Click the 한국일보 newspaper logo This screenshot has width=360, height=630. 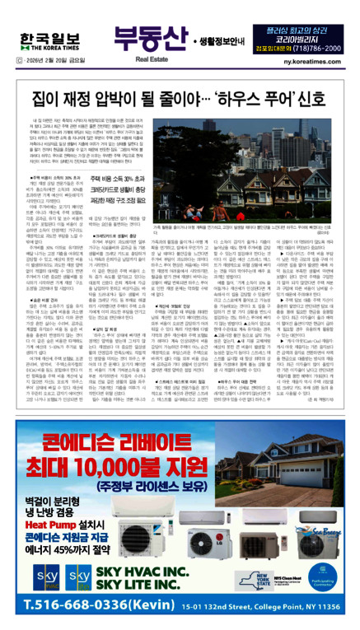(x=41, y=18)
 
